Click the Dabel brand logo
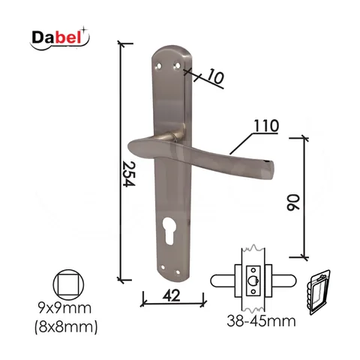(59, 38)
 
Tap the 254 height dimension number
(129, 174)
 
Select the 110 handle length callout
(266, 126)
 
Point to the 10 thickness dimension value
(215, 76)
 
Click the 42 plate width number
(171, 295)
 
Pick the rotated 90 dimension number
(292, 202)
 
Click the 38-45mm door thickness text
(261, 321)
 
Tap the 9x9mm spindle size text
(64, 307)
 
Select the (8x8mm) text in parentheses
(66, 327)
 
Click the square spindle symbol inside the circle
(68, 285)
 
